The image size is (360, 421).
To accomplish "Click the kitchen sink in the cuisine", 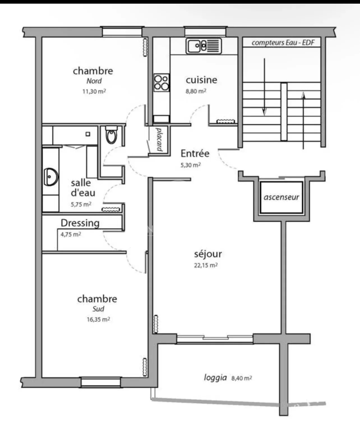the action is pos(204,46).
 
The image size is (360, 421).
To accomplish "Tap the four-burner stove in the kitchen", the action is pos(161,82).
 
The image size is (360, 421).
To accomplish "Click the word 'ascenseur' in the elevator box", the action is pos(281,197).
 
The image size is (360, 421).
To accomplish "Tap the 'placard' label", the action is pos(159,139).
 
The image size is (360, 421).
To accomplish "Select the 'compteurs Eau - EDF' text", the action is pos(283,43).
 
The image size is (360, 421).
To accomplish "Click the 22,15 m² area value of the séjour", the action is pos(206,265).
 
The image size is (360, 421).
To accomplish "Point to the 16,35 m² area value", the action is pos(98,319).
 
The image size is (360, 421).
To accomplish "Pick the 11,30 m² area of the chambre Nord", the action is pos(94,91).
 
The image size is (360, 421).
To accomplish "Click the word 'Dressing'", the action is pos(80,223).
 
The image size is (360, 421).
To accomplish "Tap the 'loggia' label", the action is pos(215,378).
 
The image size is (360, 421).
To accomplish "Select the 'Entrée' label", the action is pos(195,153).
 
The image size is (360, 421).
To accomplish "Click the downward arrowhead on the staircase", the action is pos(264,112).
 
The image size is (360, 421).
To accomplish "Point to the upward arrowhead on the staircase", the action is pos(303,96).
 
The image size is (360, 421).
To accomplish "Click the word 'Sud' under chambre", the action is pos(98,309).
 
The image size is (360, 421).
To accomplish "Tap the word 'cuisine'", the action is pos(201,80).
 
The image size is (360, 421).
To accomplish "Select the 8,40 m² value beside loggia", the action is pos(242,378).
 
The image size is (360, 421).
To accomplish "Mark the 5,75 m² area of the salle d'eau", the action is pos(81,204).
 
